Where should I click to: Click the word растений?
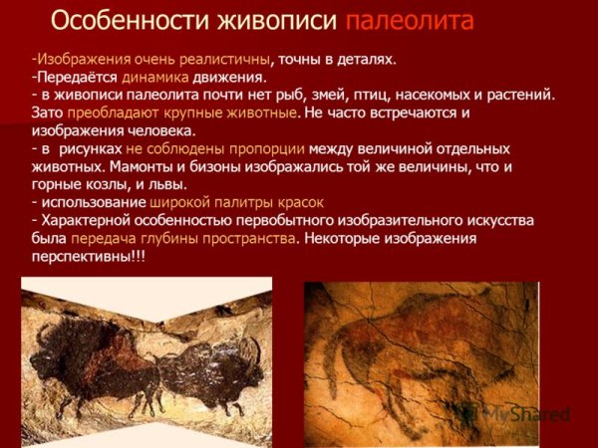[x=519, y=95]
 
